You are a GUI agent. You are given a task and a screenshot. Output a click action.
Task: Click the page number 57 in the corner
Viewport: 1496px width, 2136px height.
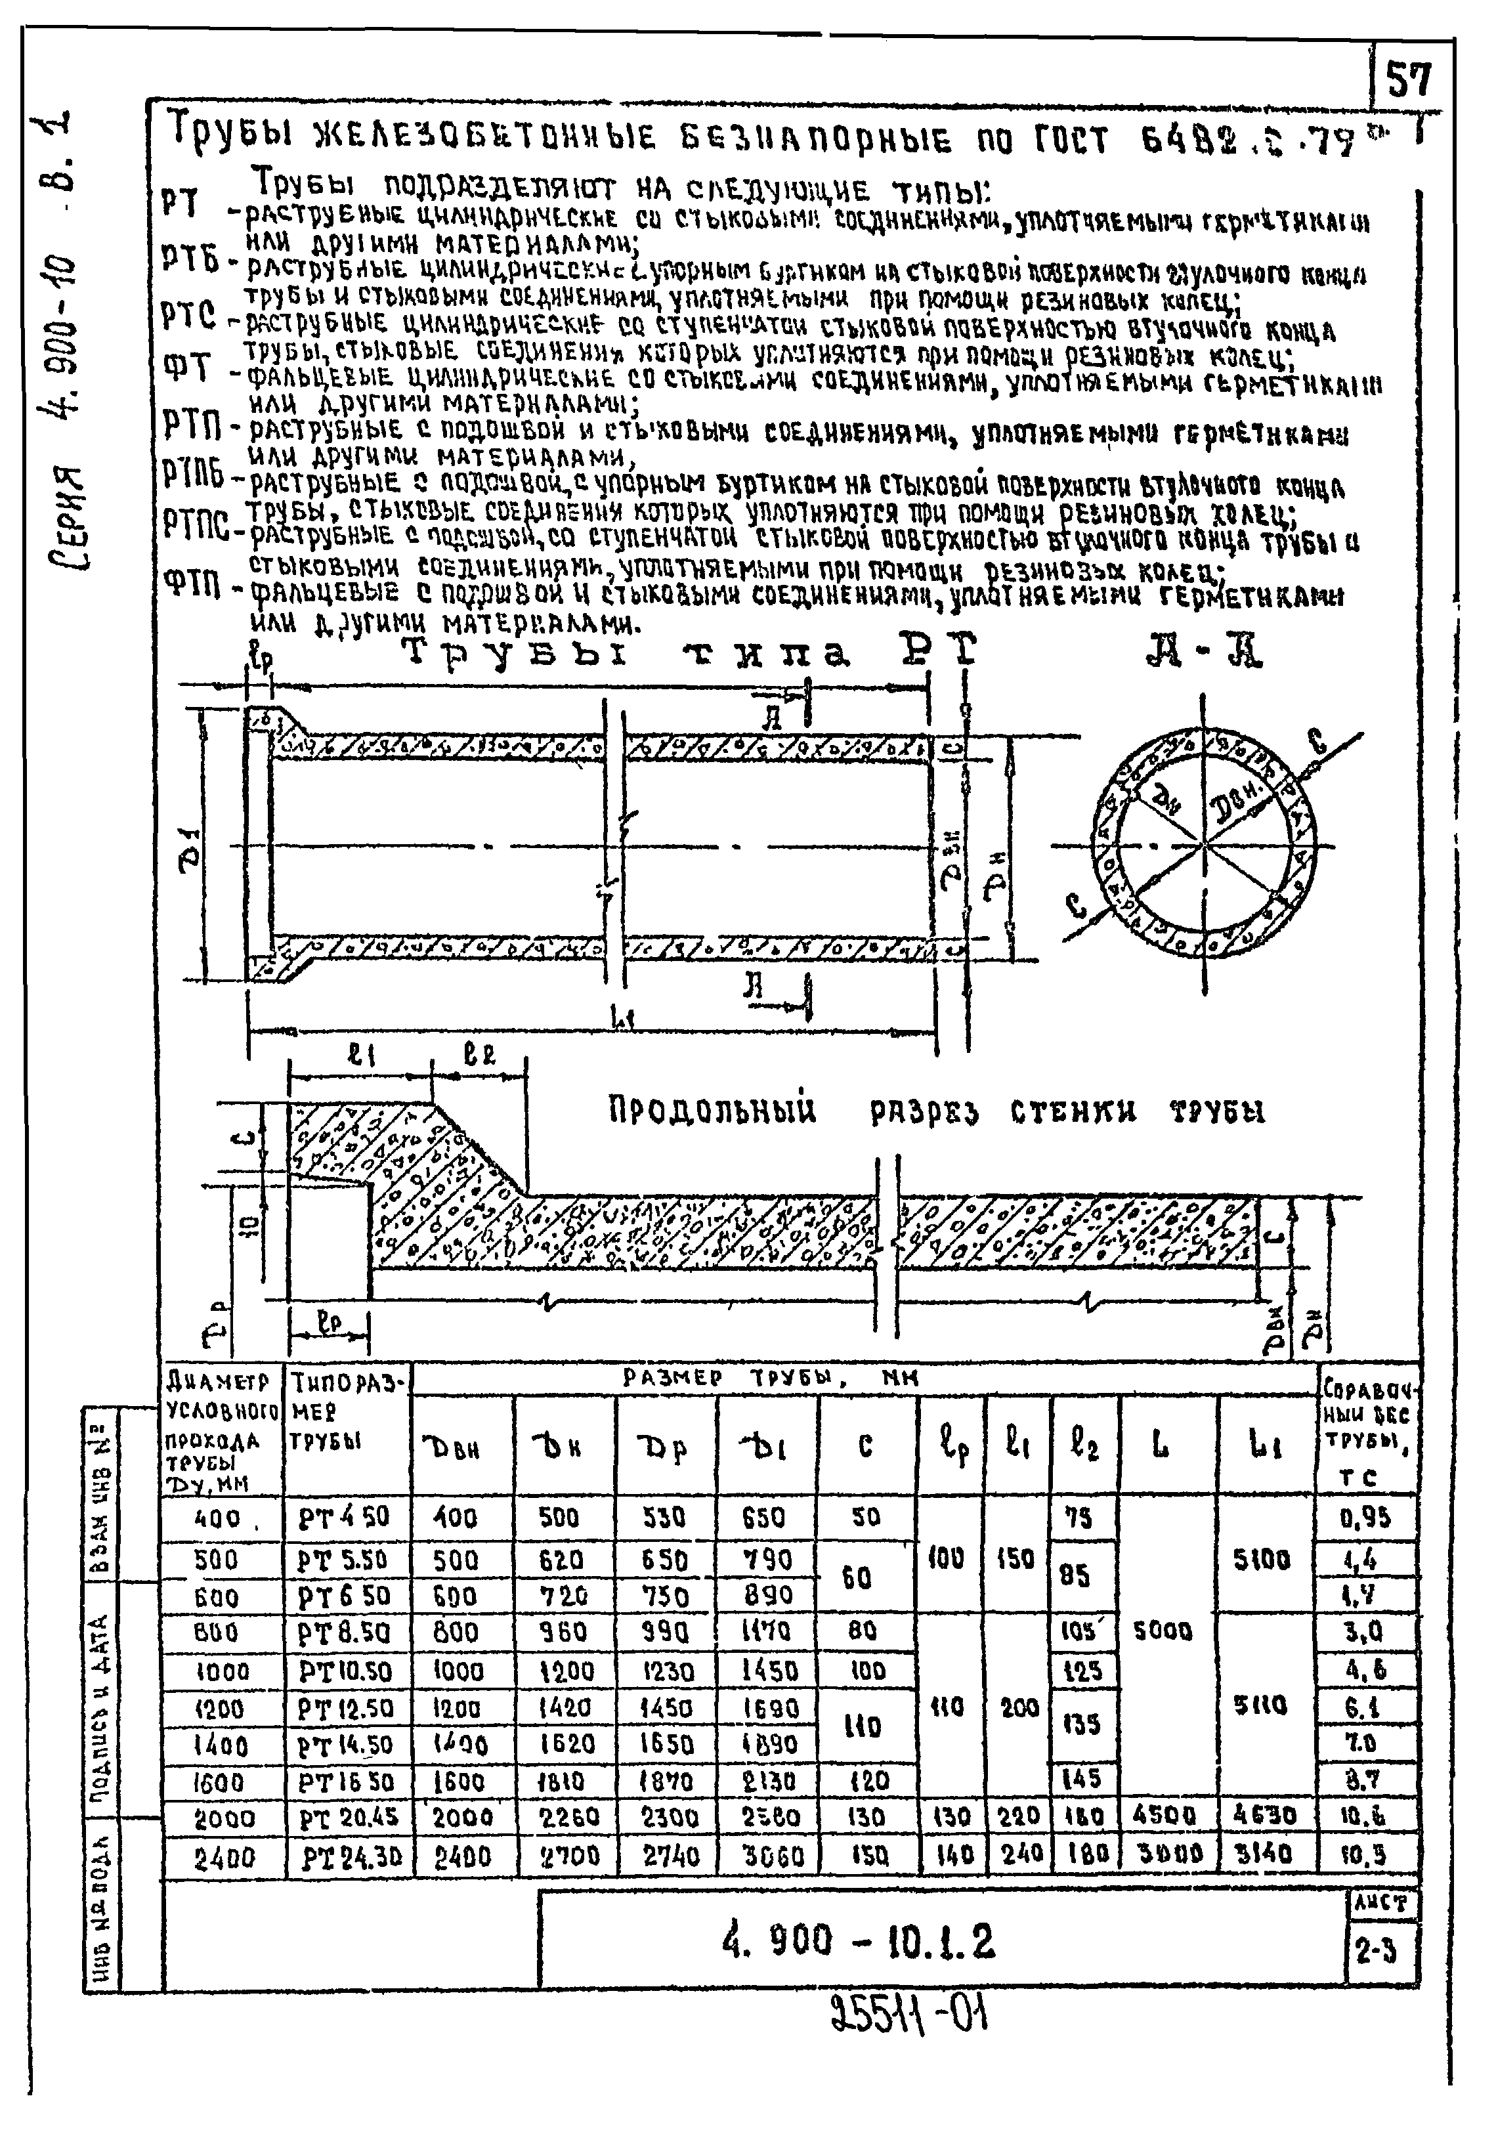click(x=1409, y=81)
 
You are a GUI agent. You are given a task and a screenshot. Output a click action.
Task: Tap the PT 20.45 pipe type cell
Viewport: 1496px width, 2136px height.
click(x=348, y=1818)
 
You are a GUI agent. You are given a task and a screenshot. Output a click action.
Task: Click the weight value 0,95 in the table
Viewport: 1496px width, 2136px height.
click(x=1365, y=1518)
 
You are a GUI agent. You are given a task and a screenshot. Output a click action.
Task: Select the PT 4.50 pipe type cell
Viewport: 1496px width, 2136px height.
click(x=344, y=1518)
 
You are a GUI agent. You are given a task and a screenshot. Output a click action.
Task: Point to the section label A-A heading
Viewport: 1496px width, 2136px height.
click(x=1204, y=654)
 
